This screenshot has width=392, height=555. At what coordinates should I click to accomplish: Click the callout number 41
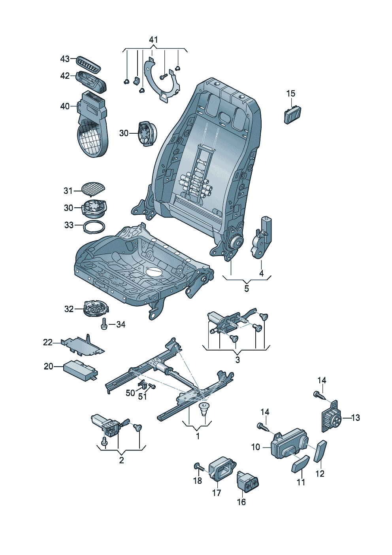[x=153, y=40]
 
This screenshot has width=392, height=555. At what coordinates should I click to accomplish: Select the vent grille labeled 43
[x=87, y=63]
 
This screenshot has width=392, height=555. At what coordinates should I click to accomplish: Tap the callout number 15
[x=290, y=93]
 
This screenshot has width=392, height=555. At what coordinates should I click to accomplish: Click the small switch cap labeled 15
[x=292, y=114]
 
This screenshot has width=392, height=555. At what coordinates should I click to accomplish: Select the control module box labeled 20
[x=81, y=371]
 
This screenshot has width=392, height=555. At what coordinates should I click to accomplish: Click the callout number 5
[x=247, y=288]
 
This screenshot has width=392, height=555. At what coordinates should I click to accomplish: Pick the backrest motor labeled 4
[x=261, y=237]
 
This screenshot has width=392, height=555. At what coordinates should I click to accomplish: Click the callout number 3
[x=237, y=360]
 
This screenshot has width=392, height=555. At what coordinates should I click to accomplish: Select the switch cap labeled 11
[x=300, y=464]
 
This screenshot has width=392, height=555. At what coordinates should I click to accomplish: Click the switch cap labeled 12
[x=320, y=451]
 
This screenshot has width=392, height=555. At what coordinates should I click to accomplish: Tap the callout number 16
[x=241, y=502]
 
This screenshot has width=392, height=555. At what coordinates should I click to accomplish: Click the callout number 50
[x=130, y=393]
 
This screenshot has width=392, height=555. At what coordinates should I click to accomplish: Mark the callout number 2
[x=121, y=460]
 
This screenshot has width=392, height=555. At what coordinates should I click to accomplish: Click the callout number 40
[x=65, y=106]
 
